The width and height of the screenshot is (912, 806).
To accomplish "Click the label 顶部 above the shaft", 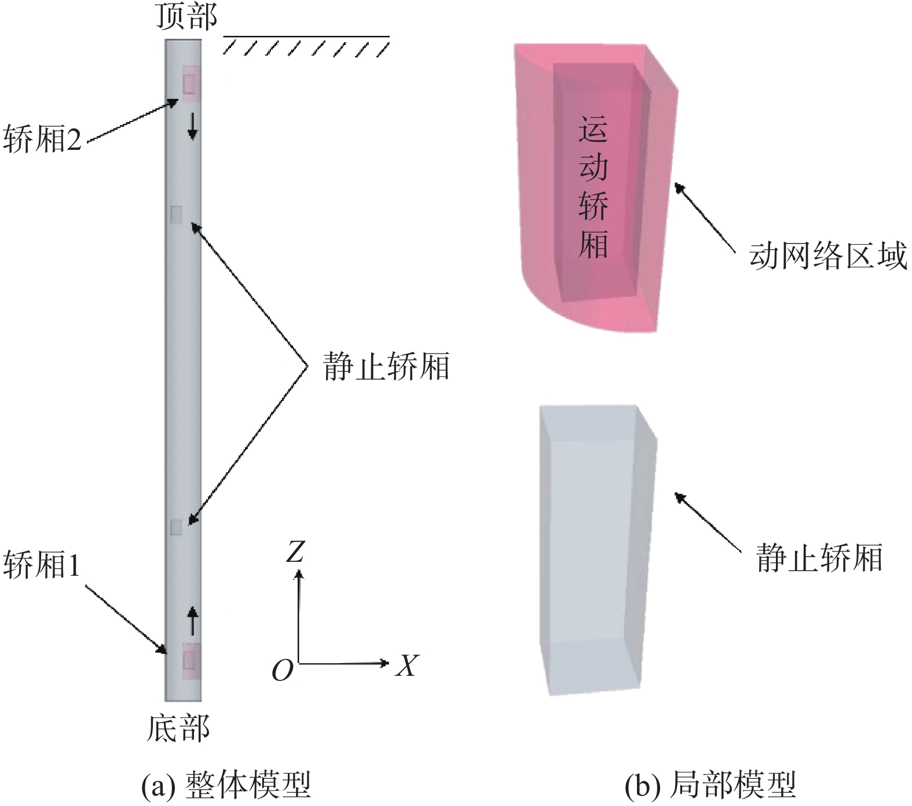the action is [x=186, y=16].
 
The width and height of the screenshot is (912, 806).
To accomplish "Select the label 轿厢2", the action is [x=43, y=139].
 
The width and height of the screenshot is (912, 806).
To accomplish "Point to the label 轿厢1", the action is [x=42, y=565].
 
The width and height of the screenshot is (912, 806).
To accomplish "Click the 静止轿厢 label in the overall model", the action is [x=386, y=367].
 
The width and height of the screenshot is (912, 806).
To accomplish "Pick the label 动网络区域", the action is [x=828, y=255].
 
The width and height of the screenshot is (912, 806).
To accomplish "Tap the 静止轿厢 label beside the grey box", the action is [x=819, y=558].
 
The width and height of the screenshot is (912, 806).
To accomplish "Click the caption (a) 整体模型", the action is [x=227, y=785].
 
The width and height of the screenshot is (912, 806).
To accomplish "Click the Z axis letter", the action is [x=295, y=552].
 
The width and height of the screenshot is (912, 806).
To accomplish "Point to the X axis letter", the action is [x=406, y=665].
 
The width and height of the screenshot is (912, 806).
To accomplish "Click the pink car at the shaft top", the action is [x=191, y=83].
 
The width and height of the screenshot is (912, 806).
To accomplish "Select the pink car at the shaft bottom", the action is [x=192, y=660].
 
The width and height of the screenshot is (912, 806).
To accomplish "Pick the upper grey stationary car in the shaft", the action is [x=176, y=215].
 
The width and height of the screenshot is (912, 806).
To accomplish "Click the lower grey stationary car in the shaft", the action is [x=176, y=527].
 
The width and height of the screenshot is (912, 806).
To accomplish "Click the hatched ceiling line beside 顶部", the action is [x=306, y=45].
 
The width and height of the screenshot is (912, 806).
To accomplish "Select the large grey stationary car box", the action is [x=596, y=550].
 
